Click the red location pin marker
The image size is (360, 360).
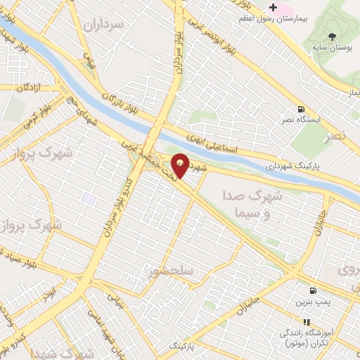click(181, 165)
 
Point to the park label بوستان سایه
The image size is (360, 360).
click(333, 49)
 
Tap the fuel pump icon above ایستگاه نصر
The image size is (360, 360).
click(301, 110)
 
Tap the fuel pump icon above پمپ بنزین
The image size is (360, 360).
click(311, 290)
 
